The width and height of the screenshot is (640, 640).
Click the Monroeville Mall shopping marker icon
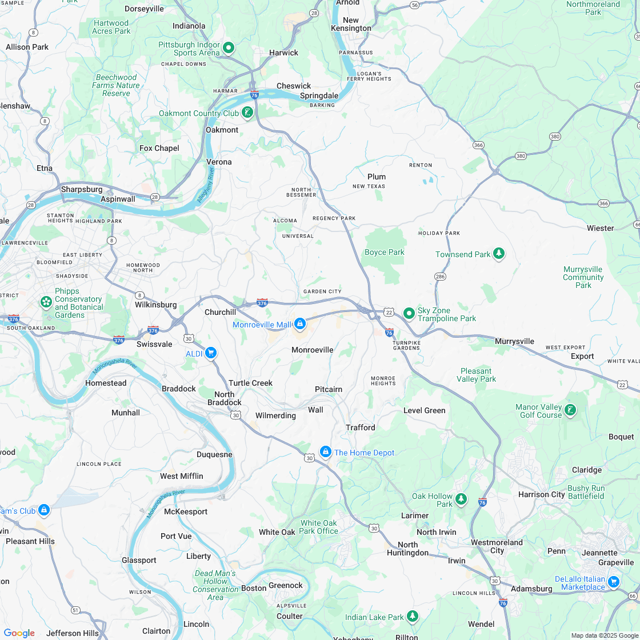tap(300, 324)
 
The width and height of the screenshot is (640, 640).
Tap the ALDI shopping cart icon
tap(211, 353)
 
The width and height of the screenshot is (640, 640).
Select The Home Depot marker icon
tap(325, 452)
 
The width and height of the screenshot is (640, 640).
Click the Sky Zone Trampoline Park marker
tap(409, 313)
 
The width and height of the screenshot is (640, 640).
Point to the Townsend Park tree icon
tap(499, 253)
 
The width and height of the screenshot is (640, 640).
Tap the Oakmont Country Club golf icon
tap(247, 112)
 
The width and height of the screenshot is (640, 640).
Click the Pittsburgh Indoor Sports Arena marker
tap(229, 47)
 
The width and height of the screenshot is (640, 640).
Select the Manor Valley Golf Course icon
tap(570, 410)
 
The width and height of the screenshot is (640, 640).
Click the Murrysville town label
tap(514, 341)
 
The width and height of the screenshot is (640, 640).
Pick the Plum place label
tap(377, 177)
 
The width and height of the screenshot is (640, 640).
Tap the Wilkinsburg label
tap(155, 305)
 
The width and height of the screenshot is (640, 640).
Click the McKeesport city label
tap(186, 511)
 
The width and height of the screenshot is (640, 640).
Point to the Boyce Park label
tap(384, 252)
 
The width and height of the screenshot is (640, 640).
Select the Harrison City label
tap(541, 494)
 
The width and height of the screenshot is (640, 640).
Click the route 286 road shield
tap(440, 277)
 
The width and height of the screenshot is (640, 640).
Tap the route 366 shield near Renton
tap(478, 145)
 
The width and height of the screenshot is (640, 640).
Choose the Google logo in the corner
tap(19, 633)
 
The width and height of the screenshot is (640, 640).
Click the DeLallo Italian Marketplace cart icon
tap(614, 582)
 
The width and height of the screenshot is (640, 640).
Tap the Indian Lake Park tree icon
tap(412, 617)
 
